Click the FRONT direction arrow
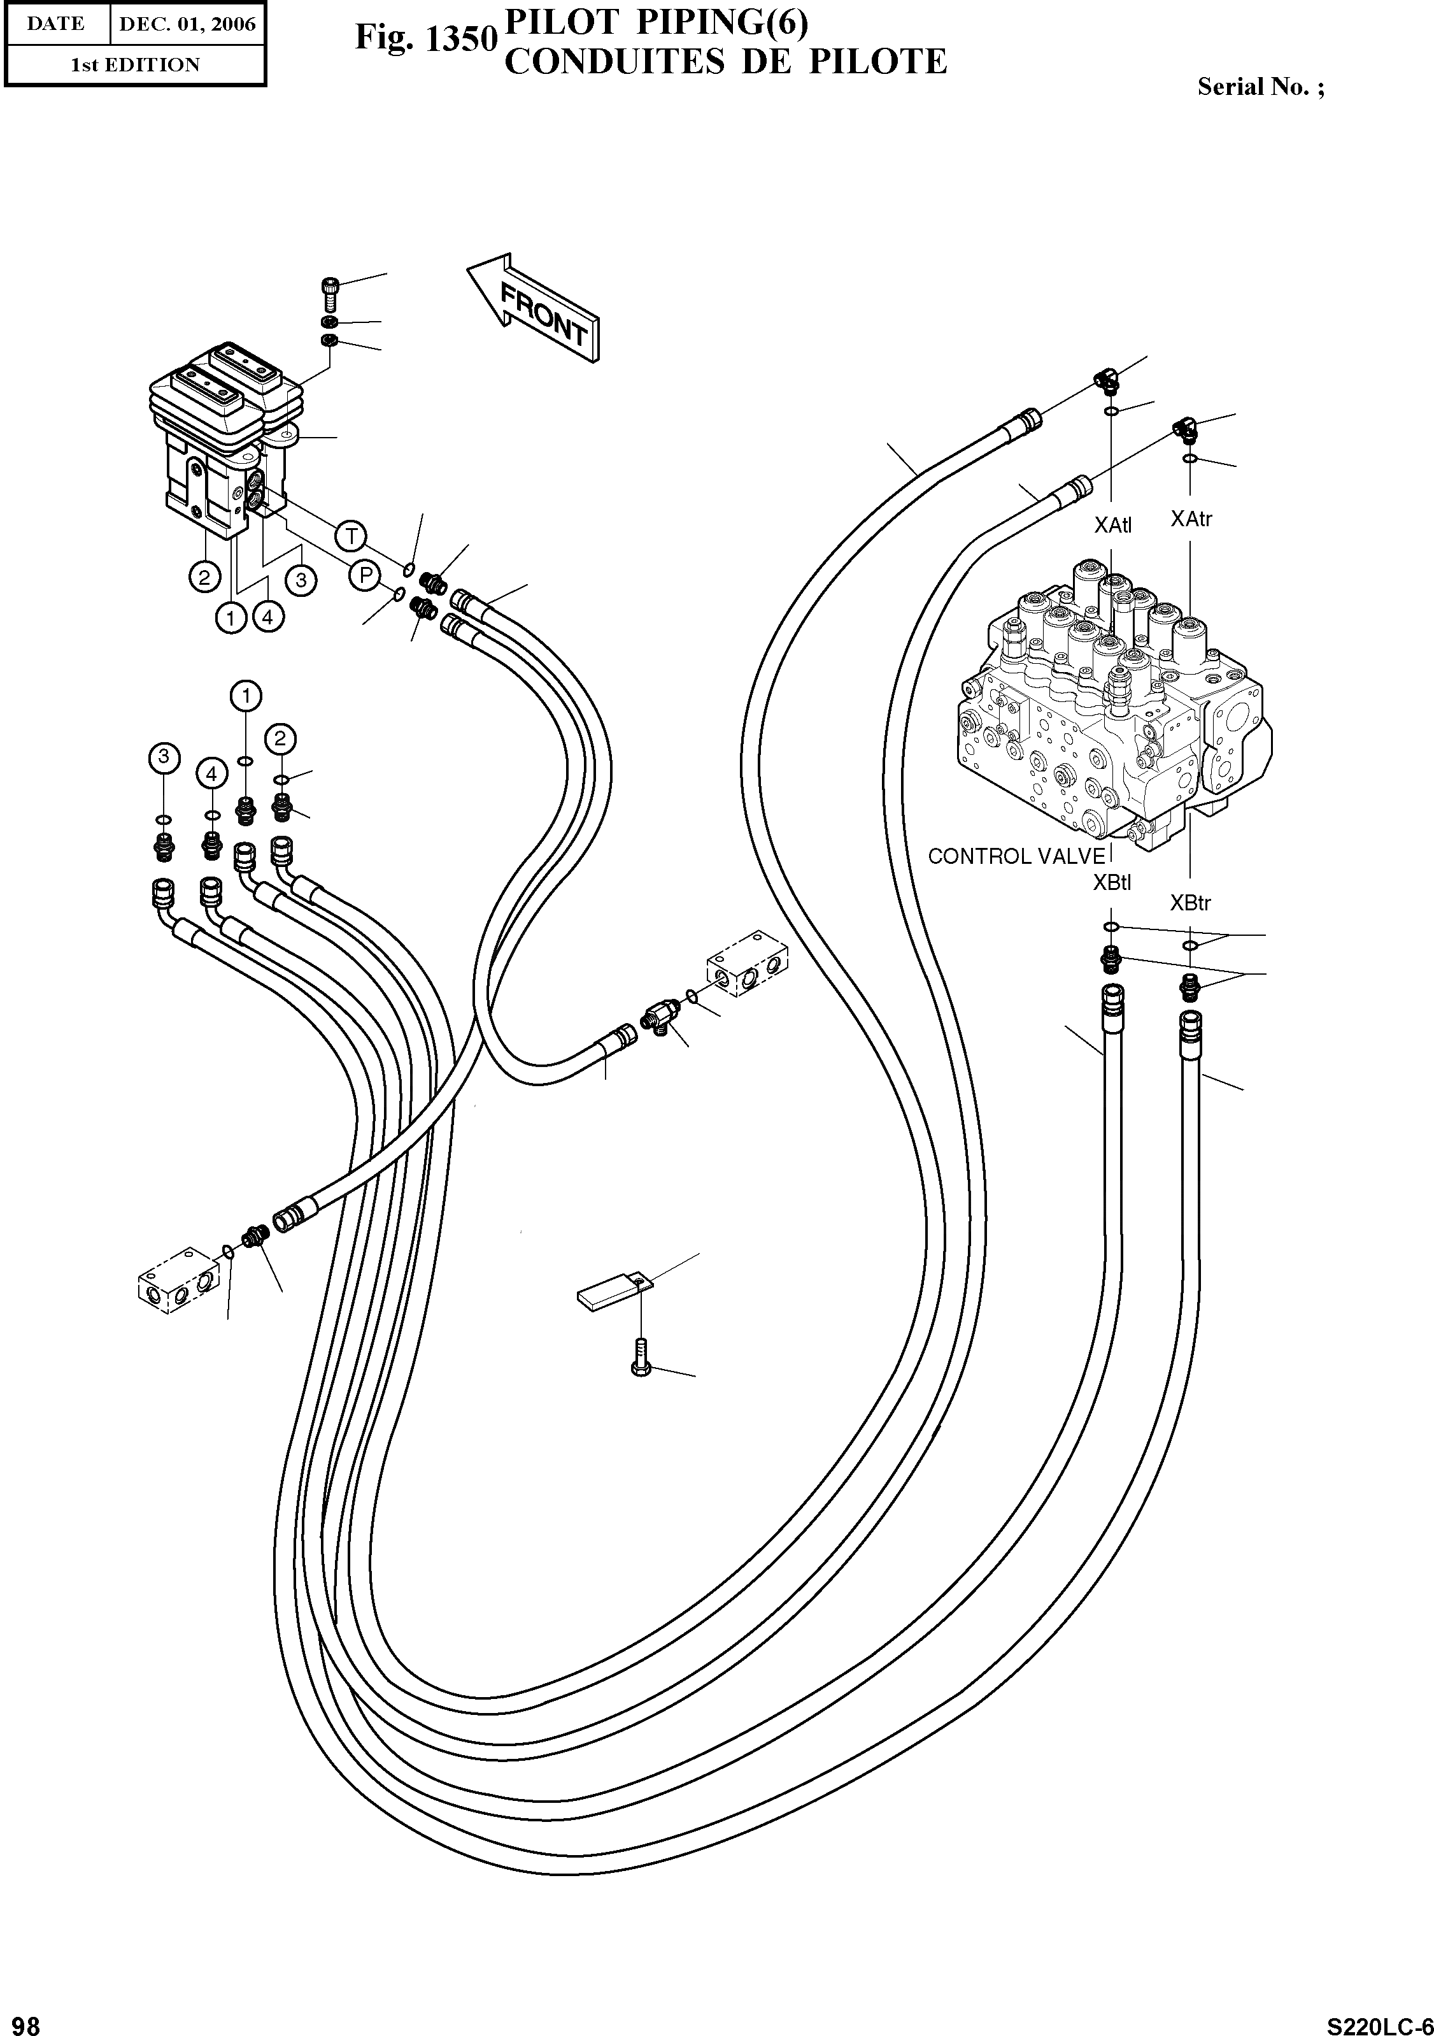pos(534,308)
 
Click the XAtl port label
pos(1112,526)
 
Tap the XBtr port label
pos(1189,903)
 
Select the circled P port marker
pos(364,577)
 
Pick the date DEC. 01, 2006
pos(187,24)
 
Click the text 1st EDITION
pos(135,65)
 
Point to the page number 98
pos(20,2020)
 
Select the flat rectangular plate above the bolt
pos(614,1291)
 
